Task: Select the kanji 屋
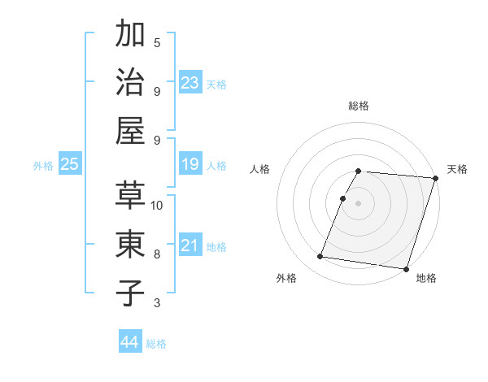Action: click(130, 131)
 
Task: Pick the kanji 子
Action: click(130, 293)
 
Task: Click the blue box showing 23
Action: click(190, 83)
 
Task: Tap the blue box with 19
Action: click(190, 165)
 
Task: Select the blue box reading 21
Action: click(190, 245)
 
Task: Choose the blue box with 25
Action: click(70, 165)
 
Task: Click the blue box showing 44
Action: click(130, 342)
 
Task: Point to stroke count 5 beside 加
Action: click(157, 43)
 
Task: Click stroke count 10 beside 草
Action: click(157, 205)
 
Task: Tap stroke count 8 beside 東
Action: click(157, 254)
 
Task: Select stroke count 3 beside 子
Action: click(157, 303)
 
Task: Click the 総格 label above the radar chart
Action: click(359, 106)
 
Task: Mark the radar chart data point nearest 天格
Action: click(435, 178)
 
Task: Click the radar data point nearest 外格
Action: click(320, 257)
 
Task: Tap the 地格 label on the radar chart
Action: click(426, 279)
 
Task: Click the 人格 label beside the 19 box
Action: click(216, 166)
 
